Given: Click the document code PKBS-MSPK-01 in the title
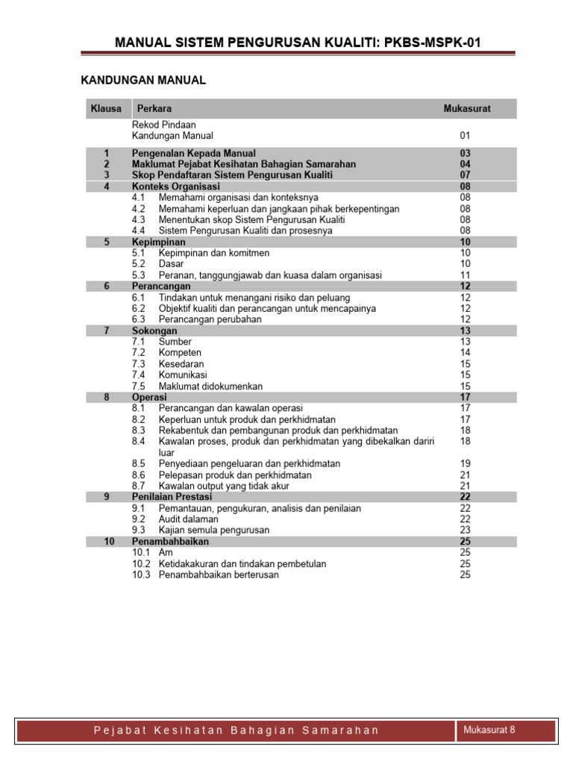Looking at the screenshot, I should point(428,43).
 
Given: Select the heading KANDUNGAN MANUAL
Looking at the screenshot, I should point(143,80).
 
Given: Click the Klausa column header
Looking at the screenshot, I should point(106,109).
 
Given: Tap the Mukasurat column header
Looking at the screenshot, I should point(467,109).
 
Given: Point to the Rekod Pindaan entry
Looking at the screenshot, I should point(163,125).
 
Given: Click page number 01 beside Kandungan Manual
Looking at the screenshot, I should point(466,136).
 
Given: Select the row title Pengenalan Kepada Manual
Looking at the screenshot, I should point(194,153).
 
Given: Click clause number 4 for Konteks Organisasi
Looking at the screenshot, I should point(107,187).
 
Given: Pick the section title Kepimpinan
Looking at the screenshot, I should point(159,242).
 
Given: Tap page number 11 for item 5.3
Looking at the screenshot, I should point(466,275).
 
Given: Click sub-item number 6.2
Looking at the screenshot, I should point(138,308).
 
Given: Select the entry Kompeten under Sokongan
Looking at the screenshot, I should point(180,353).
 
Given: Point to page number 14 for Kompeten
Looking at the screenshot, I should point(466,353).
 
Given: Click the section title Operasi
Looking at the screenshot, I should point(149,398).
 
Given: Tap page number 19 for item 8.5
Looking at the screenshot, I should point(466,463).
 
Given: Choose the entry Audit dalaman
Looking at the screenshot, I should point(188,519).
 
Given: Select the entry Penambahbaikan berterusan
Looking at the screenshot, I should point(219,574).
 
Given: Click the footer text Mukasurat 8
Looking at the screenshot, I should point(489,730).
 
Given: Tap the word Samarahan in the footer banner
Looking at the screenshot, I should point(340,730).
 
